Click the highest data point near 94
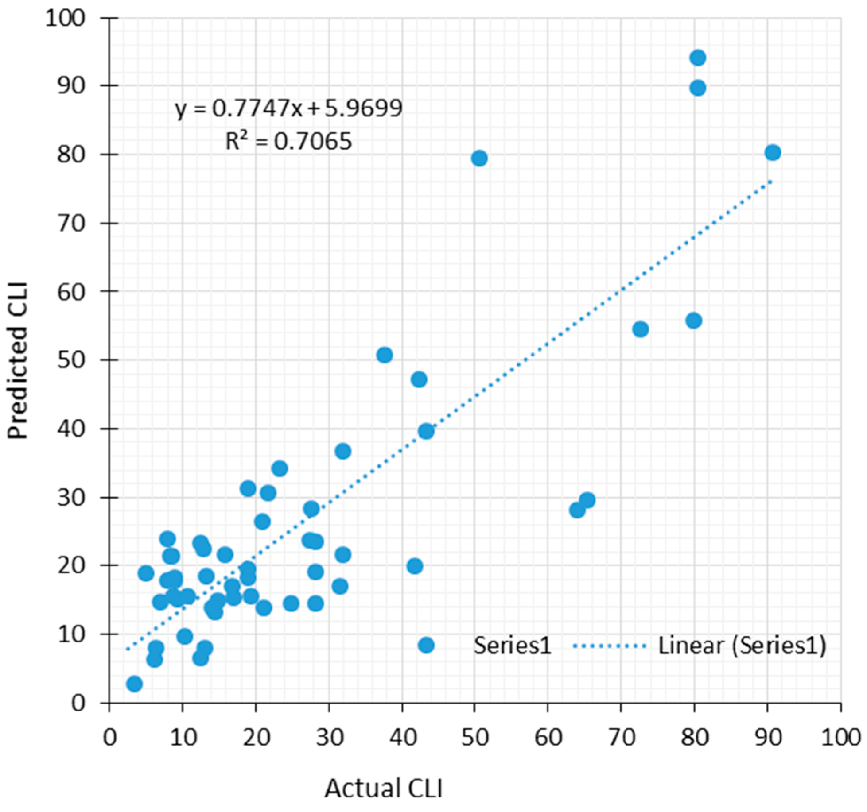(x=697, y=58)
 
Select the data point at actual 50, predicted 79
(x=479, y=158)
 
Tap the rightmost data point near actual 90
(x=772, y=152)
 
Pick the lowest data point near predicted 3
(x=134, y=684)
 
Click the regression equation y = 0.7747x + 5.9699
(x=288, y=108)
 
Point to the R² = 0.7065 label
(x=288, y=142)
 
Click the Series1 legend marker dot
(x=426, y=645)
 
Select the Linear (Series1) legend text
(x=742, y=646)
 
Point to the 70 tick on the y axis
(x=71, y=223)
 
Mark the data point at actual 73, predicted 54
(x=640, y=329)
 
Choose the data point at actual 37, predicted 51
(x=384, y=355)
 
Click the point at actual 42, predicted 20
(x=415, y=566)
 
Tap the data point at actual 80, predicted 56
(x=693, y=321)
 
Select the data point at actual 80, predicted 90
(x=697, y=88)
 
